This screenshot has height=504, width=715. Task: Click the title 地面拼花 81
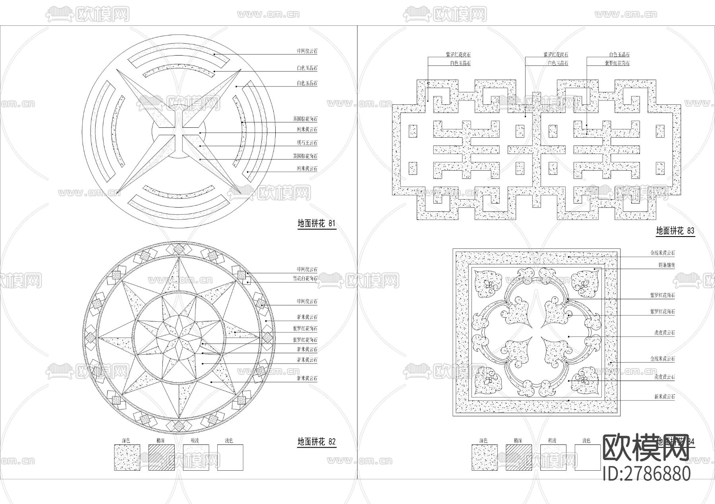(316, 223)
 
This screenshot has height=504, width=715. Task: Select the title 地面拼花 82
(317, 441)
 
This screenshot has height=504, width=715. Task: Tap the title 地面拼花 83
(675, 231)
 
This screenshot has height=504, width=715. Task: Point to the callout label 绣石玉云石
(307, 143)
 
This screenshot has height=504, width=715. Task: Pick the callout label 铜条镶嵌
(667, 265)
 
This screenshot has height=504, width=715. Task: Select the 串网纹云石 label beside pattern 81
(307, 51)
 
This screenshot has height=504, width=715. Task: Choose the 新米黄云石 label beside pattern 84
(664, 396)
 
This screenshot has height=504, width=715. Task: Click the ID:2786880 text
(647, 473)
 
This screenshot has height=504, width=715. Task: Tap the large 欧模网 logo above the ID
(646, 448)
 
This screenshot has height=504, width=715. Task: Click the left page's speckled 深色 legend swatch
(127, 458)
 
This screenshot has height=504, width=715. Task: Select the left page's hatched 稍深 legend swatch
(161, 458)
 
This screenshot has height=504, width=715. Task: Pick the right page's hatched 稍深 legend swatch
(519, 458)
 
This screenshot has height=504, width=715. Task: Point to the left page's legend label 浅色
(229, 441)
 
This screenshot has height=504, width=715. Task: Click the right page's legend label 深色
(483, 441)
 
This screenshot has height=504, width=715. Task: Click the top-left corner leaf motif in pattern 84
(488, 284)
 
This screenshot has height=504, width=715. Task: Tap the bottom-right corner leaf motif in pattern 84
(585, 380)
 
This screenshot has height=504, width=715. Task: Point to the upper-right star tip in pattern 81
(240, 70)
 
